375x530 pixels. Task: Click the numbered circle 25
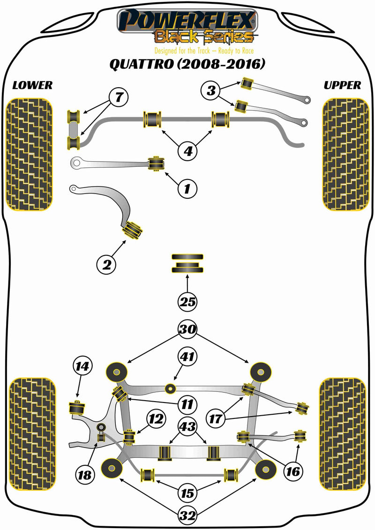[187, 302]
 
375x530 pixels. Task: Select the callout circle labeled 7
[119, 97]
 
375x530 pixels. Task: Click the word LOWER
[32, 85]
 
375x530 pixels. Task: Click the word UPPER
[342, 85]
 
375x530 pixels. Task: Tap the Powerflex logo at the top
[187, 23]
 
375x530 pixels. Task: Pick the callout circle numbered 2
[106, 265]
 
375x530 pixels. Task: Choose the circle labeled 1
[187, 188]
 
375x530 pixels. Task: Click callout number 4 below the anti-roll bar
[187, 151]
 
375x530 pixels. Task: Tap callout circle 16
[292, 470]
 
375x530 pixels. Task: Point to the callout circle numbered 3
[212, 90]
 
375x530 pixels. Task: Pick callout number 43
[188, 426]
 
